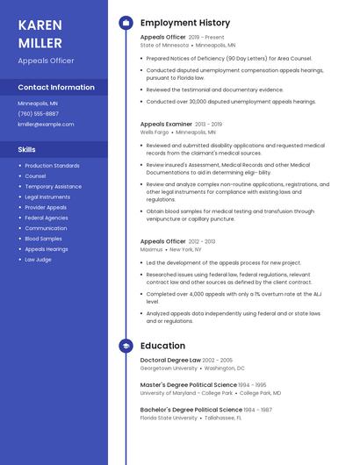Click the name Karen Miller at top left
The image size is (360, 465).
(40, 33)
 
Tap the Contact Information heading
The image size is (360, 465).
(56, 88)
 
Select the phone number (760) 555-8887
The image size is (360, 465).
(39, 114)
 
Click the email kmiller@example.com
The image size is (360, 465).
(46, 125)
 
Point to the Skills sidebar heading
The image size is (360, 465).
(27, 150)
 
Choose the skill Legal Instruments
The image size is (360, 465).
(47, 197)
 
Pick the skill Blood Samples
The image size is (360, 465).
(43, 239)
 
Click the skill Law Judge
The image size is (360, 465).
(38, 260)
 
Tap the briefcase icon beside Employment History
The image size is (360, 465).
(126, 23)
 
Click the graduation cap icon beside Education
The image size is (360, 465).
(126, 347)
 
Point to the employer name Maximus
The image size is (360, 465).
(151, 250)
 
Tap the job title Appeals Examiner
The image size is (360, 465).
(166, 125)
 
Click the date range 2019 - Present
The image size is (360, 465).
(206, 38)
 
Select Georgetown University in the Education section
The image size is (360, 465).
(169, 368)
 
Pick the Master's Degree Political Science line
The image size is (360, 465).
(188, 384)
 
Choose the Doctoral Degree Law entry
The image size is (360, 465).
(170, 360)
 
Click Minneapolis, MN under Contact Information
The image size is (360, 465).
(38, 104)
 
